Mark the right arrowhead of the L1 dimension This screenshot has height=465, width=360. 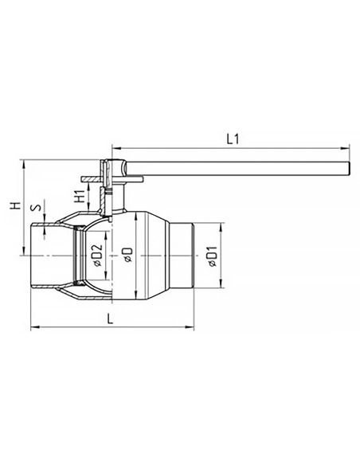347,147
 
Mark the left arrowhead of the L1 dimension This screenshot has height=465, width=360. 114,147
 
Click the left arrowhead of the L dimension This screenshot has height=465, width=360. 32,326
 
